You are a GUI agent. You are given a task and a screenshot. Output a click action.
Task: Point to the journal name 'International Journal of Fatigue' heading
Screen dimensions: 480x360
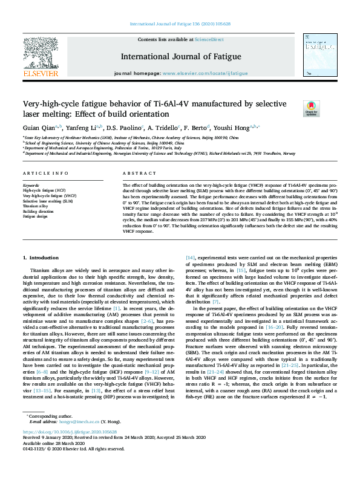[x=180, y=56]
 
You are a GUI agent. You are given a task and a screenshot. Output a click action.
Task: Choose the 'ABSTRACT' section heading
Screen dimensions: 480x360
[x=135, y=173]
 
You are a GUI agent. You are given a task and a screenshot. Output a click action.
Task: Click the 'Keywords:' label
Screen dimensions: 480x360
[x=31, y=184]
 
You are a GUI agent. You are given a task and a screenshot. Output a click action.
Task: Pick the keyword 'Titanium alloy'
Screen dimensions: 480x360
[x=35, y=206]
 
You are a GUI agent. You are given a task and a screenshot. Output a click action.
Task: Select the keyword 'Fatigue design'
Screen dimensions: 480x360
[x=35, y=216]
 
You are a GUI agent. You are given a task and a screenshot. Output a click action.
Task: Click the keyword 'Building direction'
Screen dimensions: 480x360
[x=38, y=211]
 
